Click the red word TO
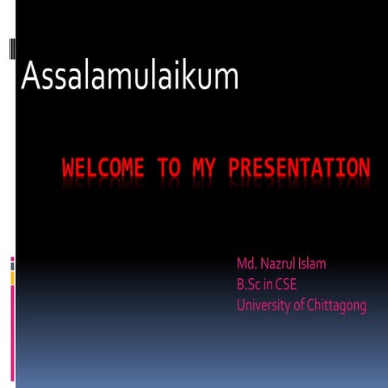pos(170,169)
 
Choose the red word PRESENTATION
pos(299,169)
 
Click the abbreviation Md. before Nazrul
pos(247,264)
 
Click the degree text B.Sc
pos(248,285)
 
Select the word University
pos(262,306)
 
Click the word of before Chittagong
pos(297,306)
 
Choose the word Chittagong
pos(336,306)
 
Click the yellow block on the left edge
pos(12,277)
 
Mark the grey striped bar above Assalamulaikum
pos(12,49)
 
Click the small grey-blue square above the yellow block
pos(12,263)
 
